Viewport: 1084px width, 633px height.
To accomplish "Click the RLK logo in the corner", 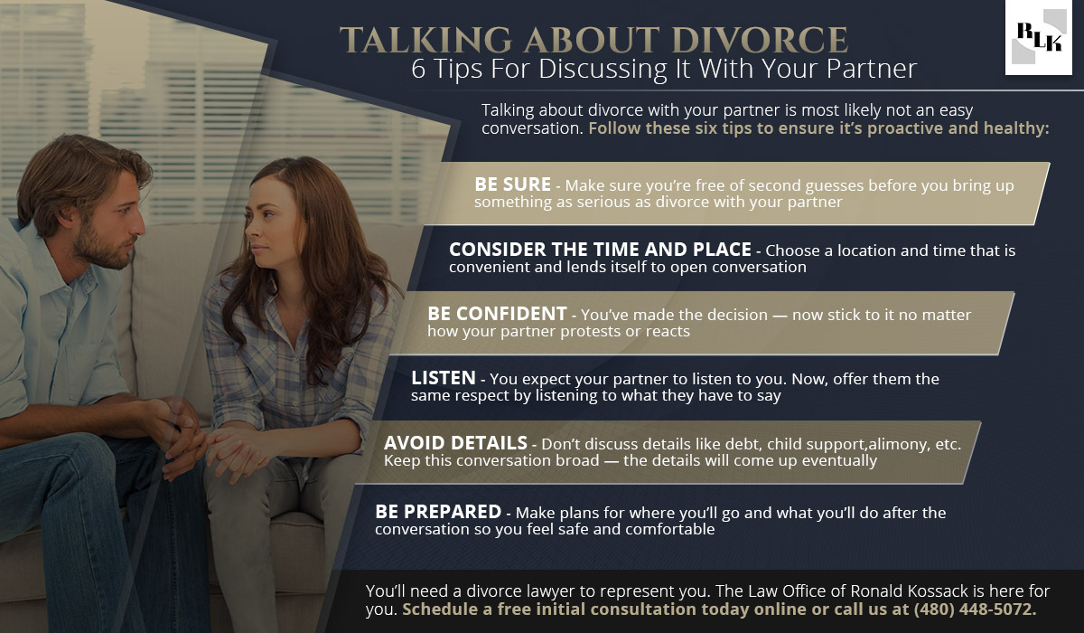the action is [1039, 37].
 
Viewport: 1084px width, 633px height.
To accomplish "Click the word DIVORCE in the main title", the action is [760, 40].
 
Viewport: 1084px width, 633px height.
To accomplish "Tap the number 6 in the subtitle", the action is [418, 70].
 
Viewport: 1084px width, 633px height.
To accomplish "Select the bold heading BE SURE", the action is [512, 184].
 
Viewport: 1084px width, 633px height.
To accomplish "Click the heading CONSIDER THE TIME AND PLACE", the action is [600, 250].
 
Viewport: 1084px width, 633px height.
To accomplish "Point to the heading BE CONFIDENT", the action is [497, 314].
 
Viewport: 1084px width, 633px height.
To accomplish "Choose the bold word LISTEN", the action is [444, 378].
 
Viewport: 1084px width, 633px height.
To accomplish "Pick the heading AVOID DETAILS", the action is [455, 443].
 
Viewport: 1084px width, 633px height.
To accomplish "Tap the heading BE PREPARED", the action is [438, 512].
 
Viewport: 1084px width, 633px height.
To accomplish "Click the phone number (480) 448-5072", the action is [975, 609].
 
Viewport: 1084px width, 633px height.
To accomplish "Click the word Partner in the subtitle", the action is [872, 69].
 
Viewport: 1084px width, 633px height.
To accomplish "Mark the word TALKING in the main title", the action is [425, 40].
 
